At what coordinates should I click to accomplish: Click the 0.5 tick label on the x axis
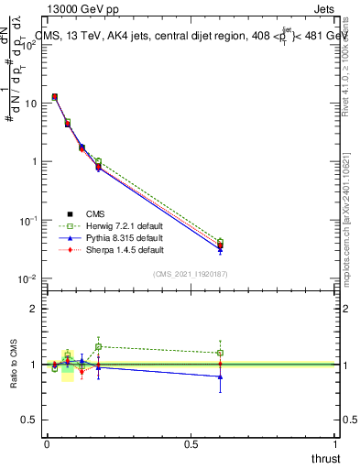pos(191,444)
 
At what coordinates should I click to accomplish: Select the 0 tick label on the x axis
pos(47,444)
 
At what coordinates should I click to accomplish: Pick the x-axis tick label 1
pos(335,444)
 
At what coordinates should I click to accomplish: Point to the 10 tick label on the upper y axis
pos(31,104)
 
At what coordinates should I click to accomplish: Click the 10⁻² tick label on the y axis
pos(27,278)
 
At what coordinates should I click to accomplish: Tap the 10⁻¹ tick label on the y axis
pos(27,220)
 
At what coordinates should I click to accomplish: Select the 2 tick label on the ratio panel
pos(35,309)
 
